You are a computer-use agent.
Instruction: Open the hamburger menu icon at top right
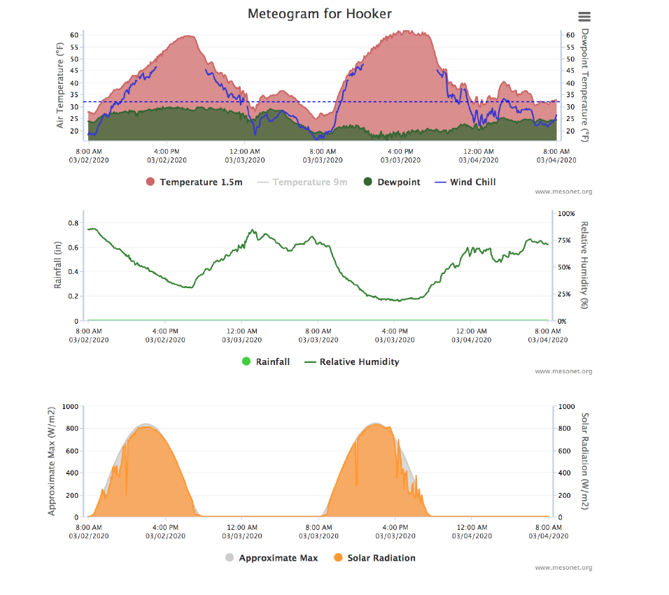click(585, 17)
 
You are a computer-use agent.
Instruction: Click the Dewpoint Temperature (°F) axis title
click(585, 85)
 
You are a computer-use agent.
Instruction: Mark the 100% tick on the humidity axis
click(566, 213)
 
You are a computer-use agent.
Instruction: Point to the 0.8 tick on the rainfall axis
click(73, 223)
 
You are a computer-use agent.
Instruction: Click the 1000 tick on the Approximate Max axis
click(71, 406)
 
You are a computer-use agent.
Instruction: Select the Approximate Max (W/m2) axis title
click(52, 461)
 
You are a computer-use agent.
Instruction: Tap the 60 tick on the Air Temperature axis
click(73, 34)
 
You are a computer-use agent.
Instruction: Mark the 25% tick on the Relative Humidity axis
click(564, 294)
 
